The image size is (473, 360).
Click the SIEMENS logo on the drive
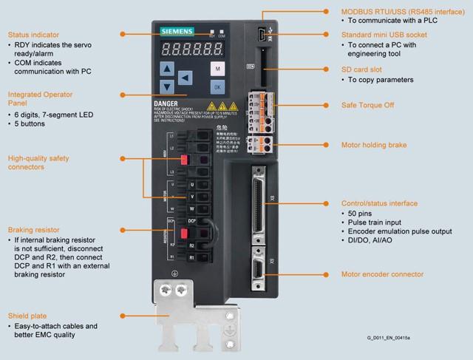(175, 31)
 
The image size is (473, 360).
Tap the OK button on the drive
(217, 86)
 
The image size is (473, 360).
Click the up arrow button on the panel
(167, 69)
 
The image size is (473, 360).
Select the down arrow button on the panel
(167, 86)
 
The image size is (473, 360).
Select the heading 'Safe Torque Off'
(367, 105)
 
